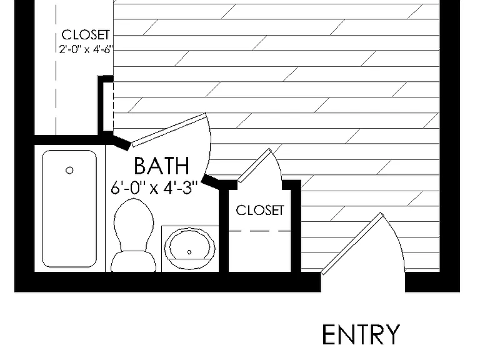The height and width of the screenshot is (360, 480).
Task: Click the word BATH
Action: click(161, 166)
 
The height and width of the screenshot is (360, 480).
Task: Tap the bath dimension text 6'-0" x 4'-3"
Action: click(154, 187)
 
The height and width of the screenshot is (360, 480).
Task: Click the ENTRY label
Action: click(361, 335)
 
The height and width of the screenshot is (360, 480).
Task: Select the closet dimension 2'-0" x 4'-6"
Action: click(86, 49)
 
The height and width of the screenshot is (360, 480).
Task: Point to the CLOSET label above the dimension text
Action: click(86, 34)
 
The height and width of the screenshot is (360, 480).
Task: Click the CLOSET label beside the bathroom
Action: click(260, 210)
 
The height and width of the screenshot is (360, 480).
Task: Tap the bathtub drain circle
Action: click(69, 170)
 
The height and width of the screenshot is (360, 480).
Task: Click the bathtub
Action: click(69, 209)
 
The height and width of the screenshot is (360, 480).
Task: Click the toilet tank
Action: click(133, 262)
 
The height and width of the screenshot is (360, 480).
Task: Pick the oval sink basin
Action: click(189, 248)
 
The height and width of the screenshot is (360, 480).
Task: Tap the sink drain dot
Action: click(189, 252)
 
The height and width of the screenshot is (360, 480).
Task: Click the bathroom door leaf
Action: click(169, 130)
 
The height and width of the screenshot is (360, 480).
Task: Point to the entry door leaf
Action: click(352, 244)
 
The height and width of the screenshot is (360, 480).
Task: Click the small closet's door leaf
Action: click(255, 166)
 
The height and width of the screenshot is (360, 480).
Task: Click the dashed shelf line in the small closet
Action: click(259, 231)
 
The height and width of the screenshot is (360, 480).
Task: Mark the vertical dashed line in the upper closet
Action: click(56, 70)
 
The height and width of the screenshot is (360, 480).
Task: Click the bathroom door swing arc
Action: click(209, 144)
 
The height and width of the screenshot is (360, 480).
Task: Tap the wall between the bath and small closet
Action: click(224, 230)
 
